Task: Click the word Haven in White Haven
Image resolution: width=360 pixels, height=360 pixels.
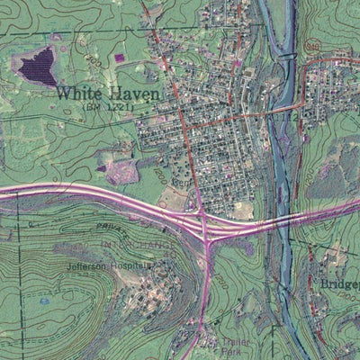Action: [135, 93]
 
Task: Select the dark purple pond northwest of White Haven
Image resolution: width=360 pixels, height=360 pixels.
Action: [37, 65]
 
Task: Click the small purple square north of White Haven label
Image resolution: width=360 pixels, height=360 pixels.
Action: [120, 58]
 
